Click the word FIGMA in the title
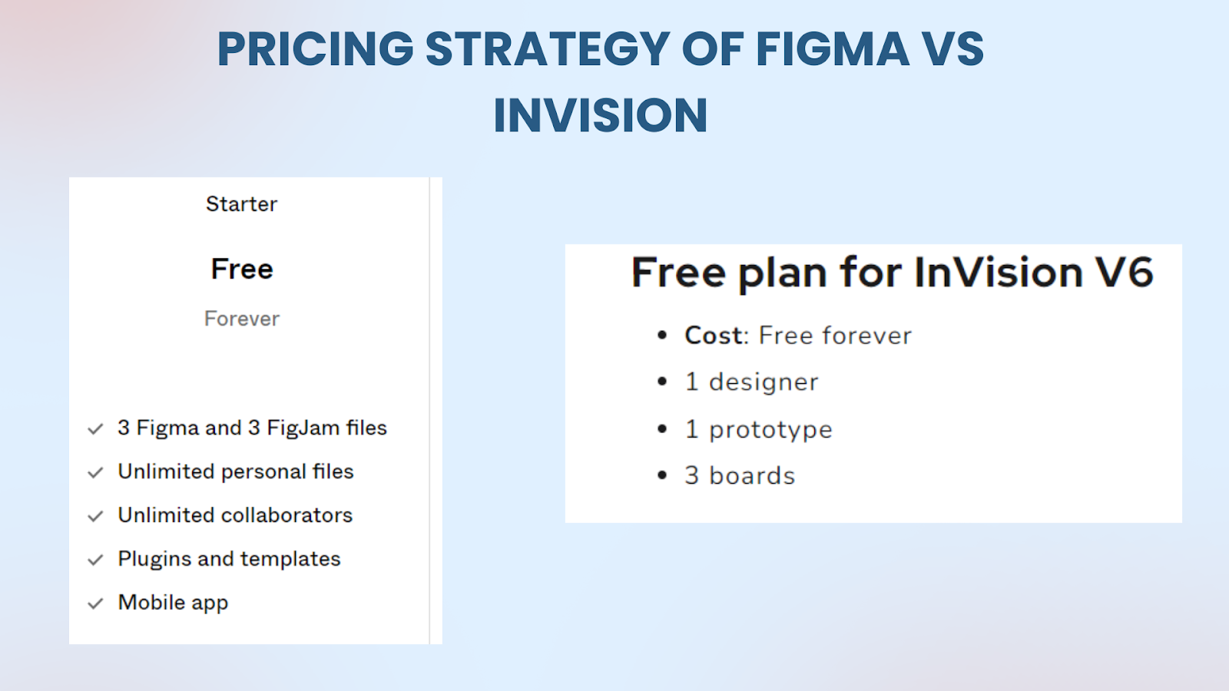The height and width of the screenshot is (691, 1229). (833, 49)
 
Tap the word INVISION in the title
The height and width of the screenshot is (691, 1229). (600, 115)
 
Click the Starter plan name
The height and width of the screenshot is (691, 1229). (241, 204)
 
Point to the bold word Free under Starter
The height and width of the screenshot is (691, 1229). (242, 269)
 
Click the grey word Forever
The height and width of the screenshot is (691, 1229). (242, 319)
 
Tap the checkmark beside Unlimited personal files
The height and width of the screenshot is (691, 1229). (95, 473)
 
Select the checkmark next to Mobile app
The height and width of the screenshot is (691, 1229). (95, 603)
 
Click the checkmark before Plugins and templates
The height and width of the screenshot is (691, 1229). (95, 560)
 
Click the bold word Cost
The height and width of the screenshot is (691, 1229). (714, 336)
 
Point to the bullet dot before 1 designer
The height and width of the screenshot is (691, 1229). (662, 382)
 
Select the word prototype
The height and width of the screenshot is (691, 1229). (770, 430)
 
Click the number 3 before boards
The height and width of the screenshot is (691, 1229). (692, 475)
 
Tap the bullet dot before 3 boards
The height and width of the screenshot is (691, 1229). (662, 475)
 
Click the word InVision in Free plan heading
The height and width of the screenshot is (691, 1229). (999, 272)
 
